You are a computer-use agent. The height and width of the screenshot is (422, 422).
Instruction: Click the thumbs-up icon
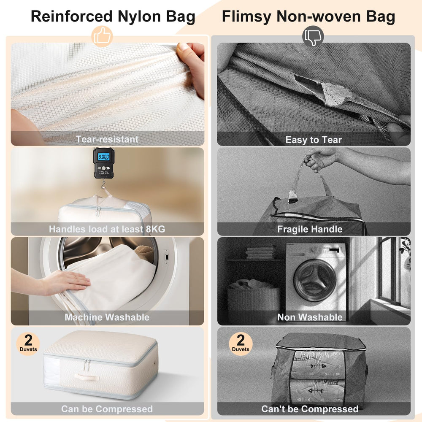tap(102, 36)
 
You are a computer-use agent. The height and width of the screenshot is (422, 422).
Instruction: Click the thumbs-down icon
tap(313, 36)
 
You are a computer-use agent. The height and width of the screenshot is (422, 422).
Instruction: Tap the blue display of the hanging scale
tap(104, 157)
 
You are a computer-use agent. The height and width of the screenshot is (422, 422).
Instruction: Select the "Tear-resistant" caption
tap(107, 139)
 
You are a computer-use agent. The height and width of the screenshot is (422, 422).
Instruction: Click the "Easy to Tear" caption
tap(314, 140)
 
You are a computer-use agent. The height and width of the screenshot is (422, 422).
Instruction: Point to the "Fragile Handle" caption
tap(310, 229)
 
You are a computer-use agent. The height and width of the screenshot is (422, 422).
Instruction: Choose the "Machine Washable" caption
tap(107, 317)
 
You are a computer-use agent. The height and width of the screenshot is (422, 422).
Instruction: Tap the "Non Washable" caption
tap(310, 317)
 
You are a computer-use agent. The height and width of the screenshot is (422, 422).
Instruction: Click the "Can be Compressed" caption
tap(107, 409)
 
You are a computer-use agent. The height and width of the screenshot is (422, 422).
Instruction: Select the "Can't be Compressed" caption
tap(310, 409)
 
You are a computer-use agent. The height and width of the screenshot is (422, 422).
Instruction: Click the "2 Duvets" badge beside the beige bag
tap(28, 344)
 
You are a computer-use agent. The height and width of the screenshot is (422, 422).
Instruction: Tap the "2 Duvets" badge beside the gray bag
tap(241, 344)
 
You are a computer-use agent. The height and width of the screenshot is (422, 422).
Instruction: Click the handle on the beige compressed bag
tap(87, 377)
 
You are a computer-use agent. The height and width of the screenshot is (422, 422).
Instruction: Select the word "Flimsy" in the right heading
tap(246, 16)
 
